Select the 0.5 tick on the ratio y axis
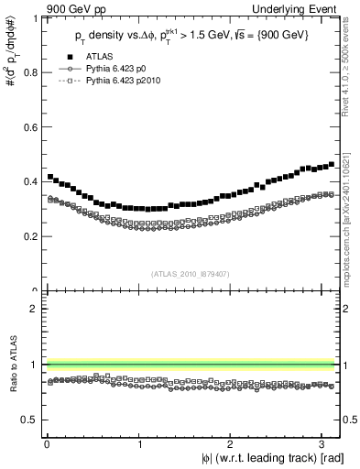33,420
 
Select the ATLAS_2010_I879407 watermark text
189,273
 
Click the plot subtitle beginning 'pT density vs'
190,36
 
